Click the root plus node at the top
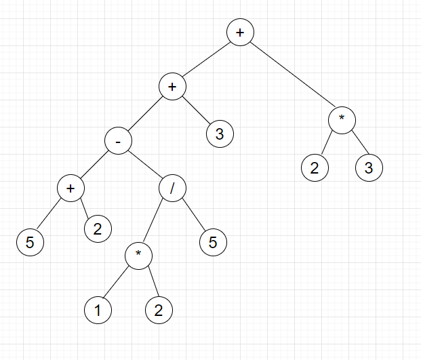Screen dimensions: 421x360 240,33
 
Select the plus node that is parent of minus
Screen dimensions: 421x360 172,87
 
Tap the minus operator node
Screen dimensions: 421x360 118,141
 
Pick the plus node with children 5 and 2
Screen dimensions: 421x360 71,188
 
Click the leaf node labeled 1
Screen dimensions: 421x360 98,311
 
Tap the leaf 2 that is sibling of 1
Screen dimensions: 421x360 159,311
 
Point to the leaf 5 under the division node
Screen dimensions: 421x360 213,243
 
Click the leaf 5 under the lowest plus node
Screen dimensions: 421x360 30,243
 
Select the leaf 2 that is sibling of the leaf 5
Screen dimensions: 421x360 98,229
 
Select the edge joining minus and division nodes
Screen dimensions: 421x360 145,165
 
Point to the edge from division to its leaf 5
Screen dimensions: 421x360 193,216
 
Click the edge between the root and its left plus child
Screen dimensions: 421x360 206,60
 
